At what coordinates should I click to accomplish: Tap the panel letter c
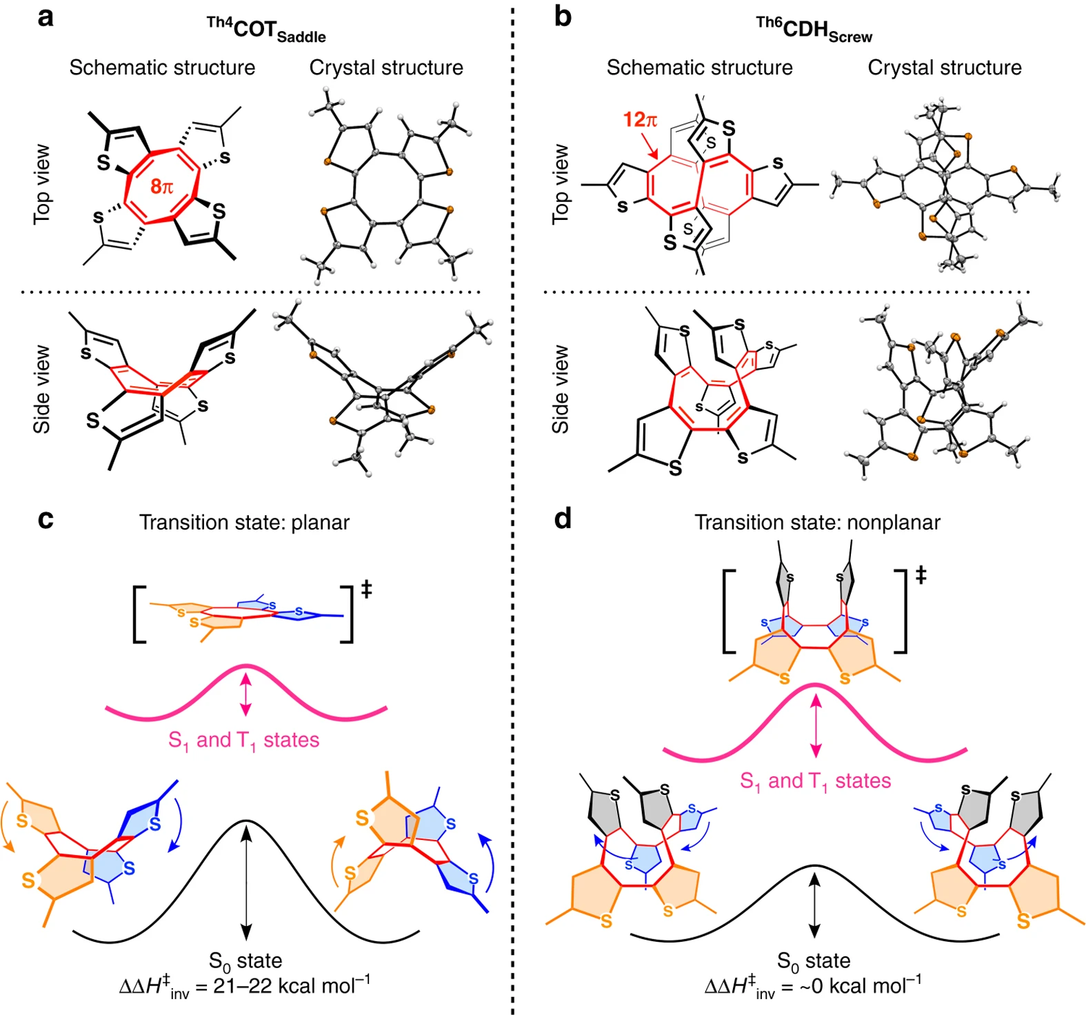pos(46,519)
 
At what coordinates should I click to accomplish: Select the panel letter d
pos(563,519)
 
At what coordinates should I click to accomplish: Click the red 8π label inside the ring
pos(161,186)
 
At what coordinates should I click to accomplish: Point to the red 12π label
pos(640,120)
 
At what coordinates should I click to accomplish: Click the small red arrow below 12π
pos(650,147)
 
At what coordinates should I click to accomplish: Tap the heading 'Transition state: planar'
pos(244,523)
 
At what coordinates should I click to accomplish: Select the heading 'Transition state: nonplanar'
pos(817,523)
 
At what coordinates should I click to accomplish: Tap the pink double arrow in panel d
pos(816,725)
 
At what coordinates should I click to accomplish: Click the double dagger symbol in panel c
pos(366,590)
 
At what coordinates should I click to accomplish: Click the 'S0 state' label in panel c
pos(245,961)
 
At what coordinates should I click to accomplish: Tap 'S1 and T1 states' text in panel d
pos(815,781)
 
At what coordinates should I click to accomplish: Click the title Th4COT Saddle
pos(266,30)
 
